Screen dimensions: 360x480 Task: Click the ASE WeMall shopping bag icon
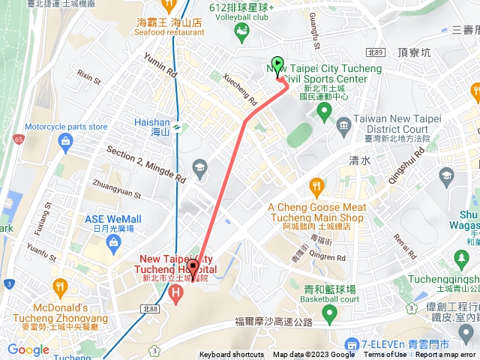(x=113, y=241)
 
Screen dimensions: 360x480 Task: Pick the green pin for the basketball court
(x=328, y=312)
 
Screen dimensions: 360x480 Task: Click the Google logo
(x=28, y=349)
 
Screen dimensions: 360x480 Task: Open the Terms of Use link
(x=385, y=355)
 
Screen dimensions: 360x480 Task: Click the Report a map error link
(x=445, y=355)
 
